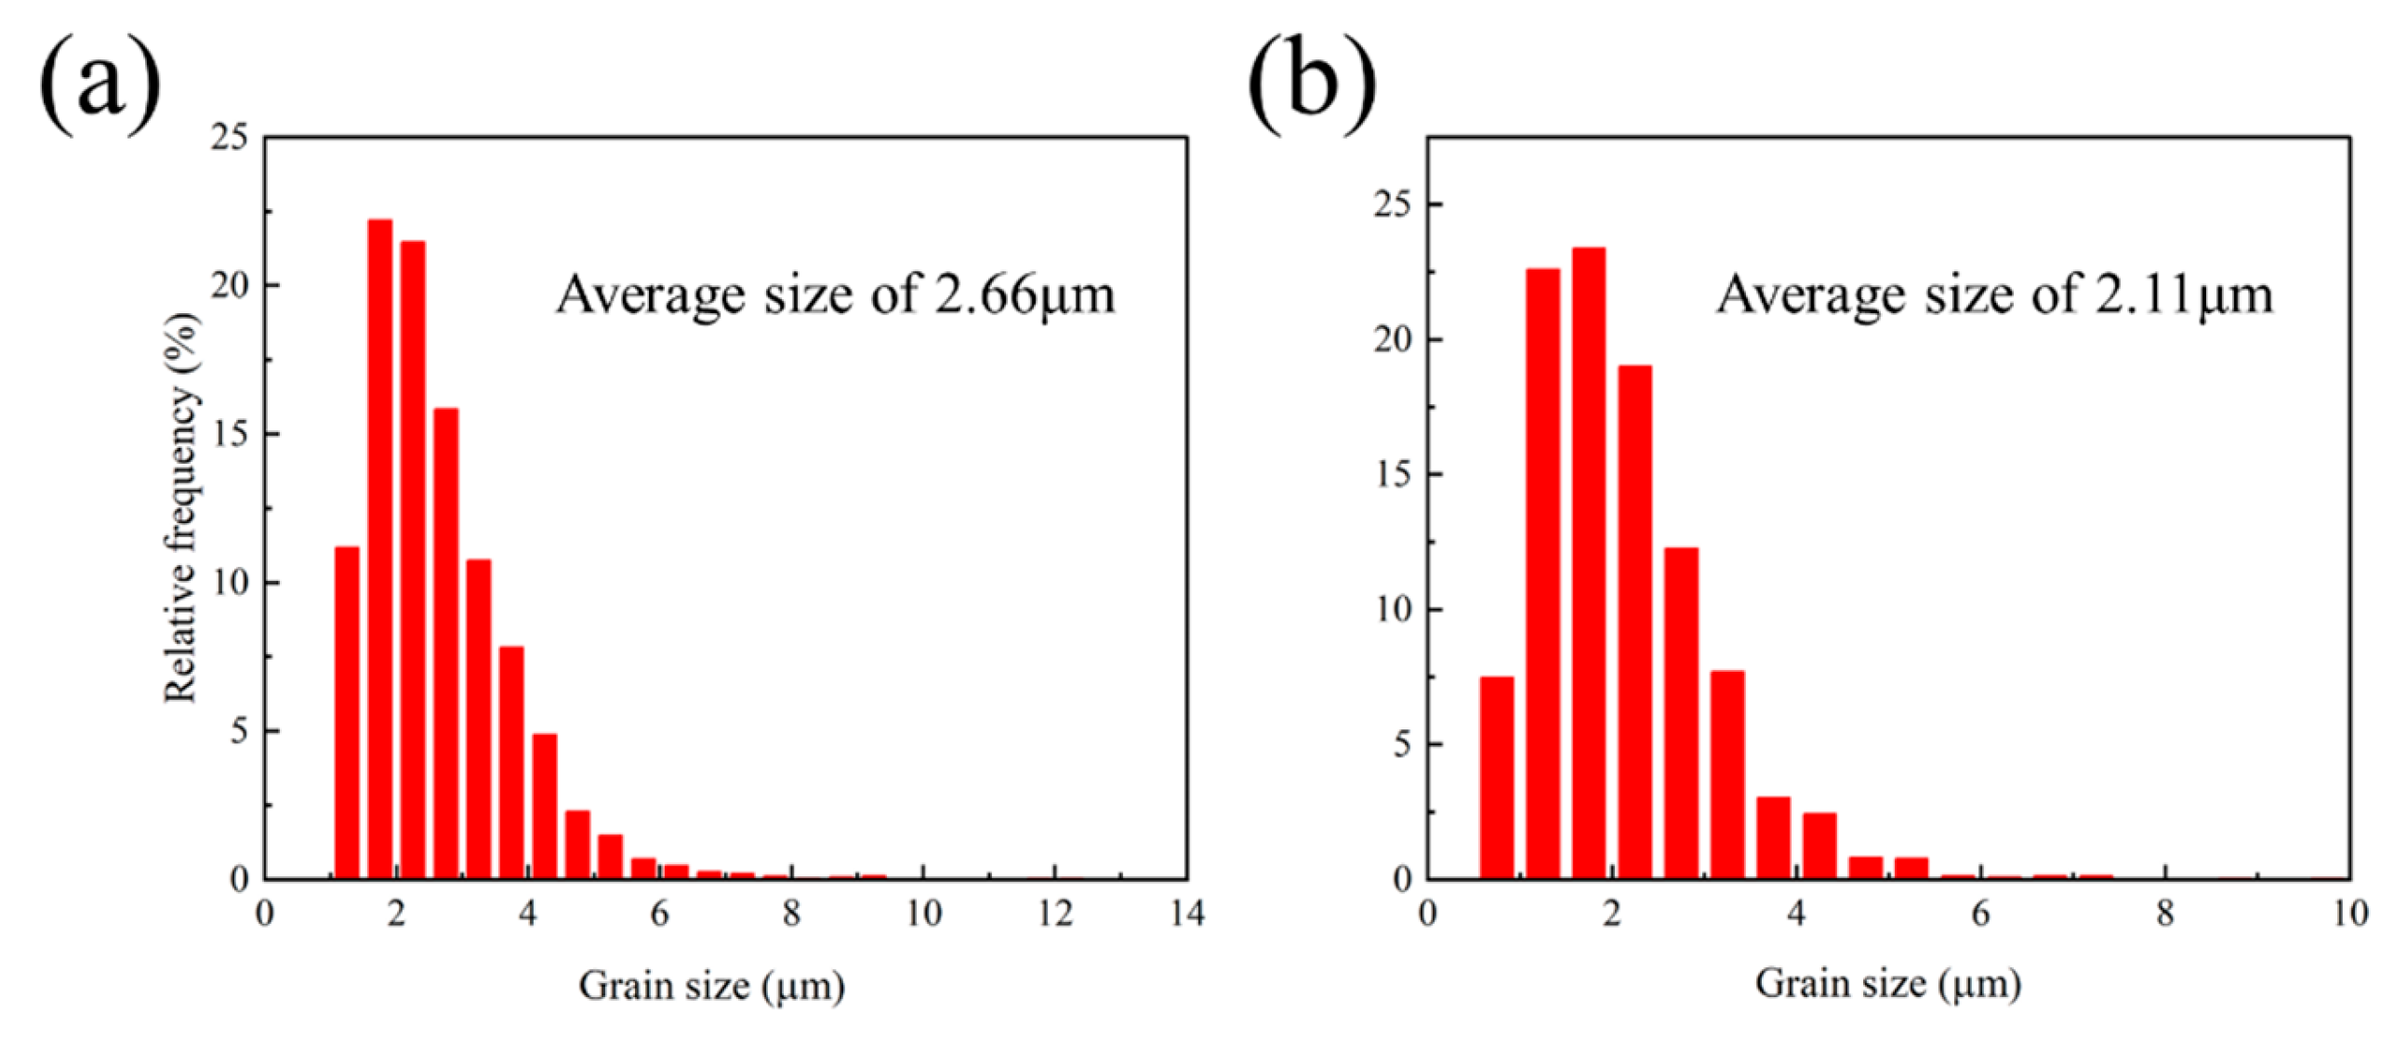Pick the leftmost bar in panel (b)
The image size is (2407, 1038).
pyautogui.click(x=1497, y=777)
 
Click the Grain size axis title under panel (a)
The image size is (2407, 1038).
pyautogui.click(x=712, y=987)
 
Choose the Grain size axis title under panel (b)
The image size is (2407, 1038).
pyautogui.click(x=1888, y=984)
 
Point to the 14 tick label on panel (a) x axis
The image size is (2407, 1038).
pyautogui.click(x=1186, y=913)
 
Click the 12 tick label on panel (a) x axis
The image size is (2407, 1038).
pyautogui.click(x=1055, y=913)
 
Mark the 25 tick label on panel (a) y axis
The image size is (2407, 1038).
pyautogui.click(x=230, y=138)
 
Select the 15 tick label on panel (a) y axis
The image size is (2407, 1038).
pyautogui.click(x=230, y=435)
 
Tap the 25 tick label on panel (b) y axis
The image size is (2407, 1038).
pyautogui.click(x=1393, y=204)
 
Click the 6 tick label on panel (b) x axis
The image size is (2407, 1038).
pyautogui.click(x=1981, y=913)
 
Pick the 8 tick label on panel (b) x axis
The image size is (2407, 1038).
pyautogui.click(x=2165, y=913)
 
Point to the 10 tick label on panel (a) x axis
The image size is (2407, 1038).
pyautogui.click(x=923, y=913)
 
